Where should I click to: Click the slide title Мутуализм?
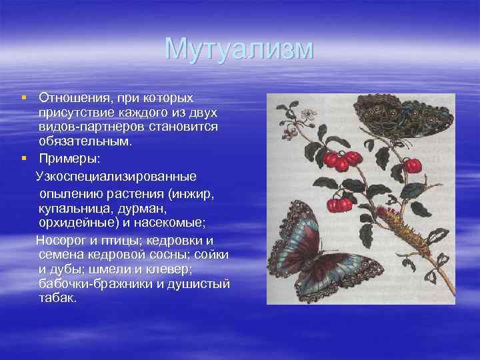239,49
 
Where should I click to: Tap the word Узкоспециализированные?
116,177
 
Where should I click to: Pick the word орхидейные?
75,225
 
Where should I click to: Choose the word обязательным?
85,141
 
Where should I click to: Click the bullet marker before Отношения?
23,98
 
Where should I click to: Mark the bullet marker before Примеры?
23,159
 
